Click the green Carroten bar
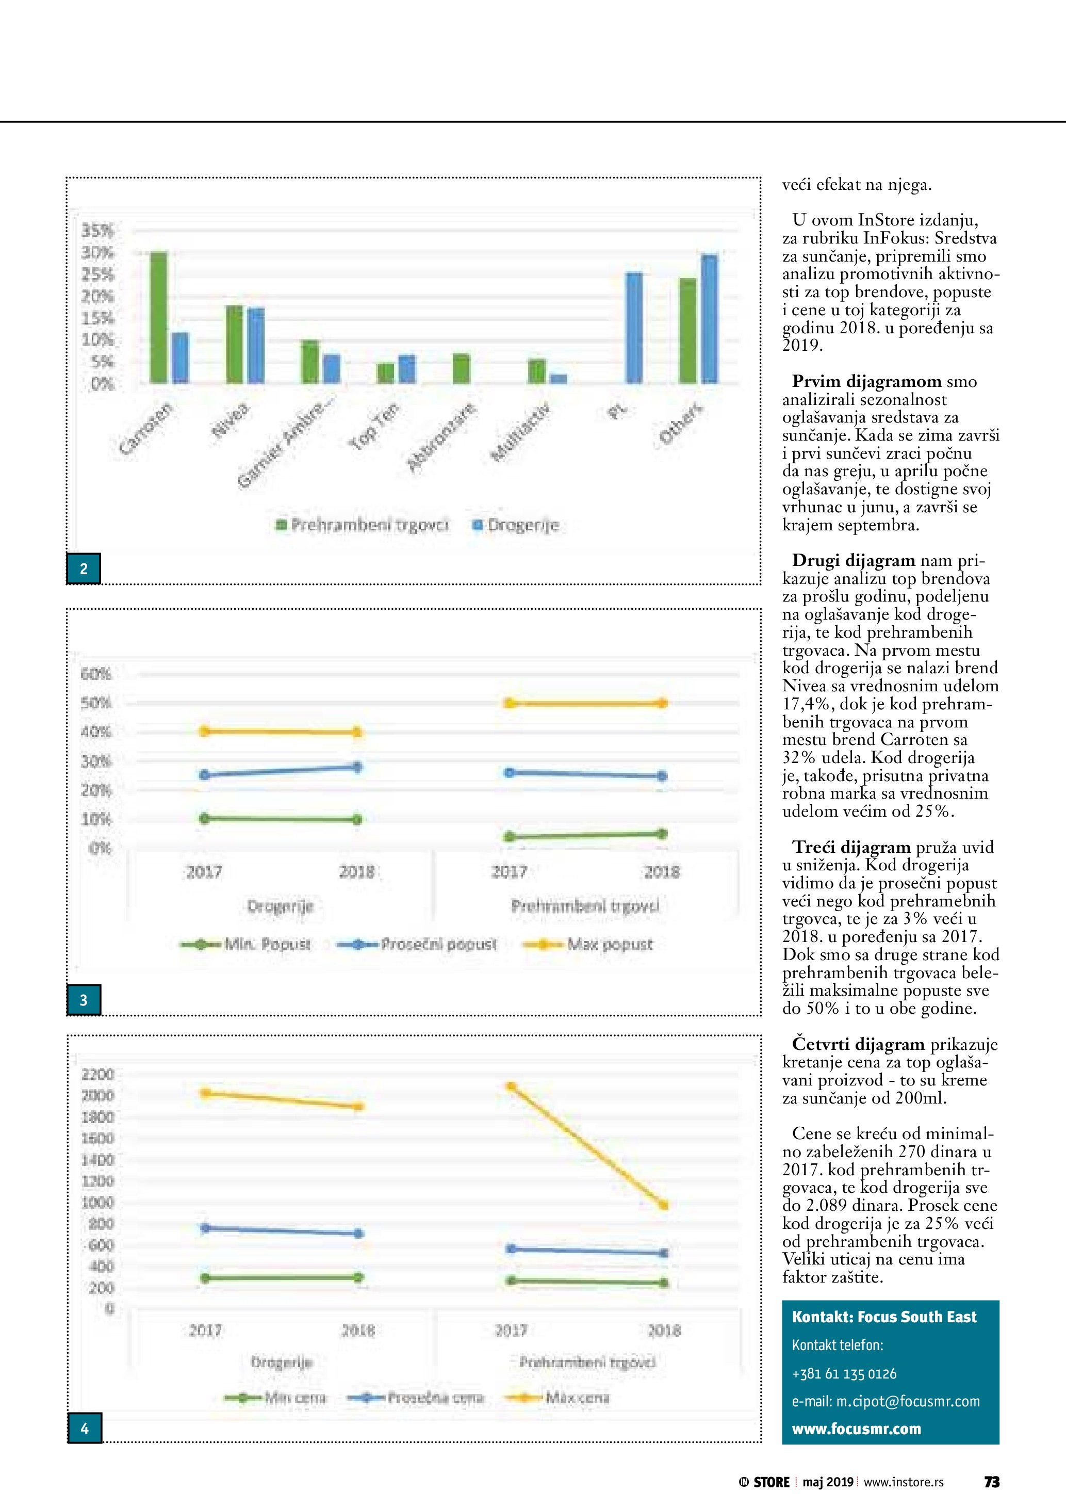pos(158,317)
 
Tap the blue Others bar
pos(710,318)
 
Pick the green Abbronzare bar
pos(462,368)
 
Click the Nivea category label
pos(231,420)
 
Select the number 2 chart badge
pos(84,569)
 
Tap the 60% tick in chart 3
pos(96,674)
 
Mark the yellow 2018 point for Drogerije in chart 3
pos(357,732)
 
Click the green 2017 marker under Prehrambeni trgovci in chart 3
pos(510,837)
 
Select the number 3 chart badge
pos(84,1000)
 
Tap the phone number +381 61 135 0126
pos(844,1373)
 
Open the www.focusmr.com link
pos(856,1429)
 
